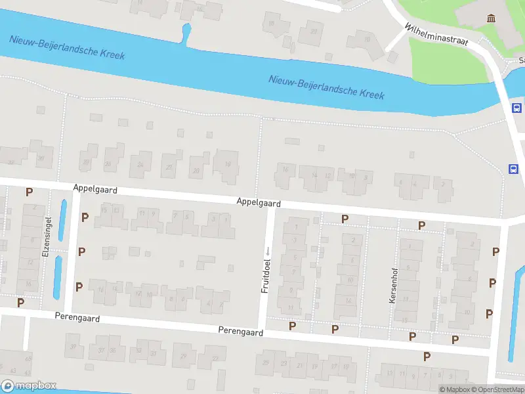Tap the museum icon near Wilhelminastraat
coord(490,18)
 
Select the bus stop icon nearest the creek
coord(516,108)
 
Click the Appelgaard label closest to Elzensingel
coord(95,189)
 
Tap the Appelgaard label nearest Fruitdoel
coord(259,204)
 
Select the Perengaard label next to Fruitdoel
coord(241,332)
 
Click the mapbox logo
coord(29,385)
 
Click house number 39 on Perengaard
coord(73,346)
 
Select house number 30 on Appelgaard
coord(41,158)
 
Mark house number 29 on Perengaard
coord(184,356)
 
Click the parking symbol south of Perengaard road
coord(427,357)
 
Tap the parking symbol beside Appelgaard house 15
coord(85,216)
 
